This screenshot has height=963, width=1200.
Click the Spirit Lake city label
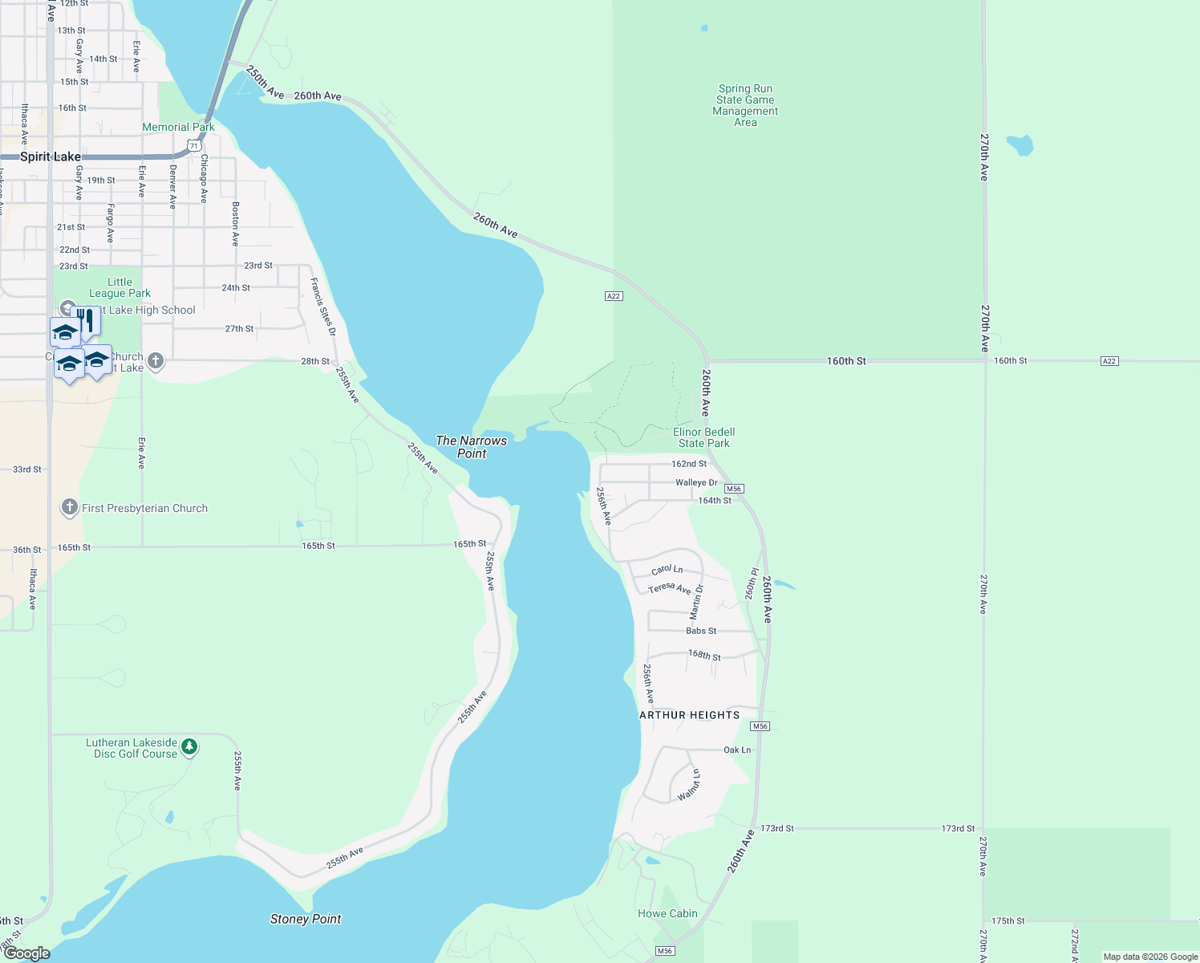point(50,156)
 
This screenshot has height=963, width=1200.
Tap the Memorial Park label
point(178,127)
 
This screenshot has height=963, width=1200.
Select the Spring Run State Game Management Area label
point(745,105)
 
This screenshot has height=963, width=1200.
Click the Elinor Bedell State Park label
point(703,437)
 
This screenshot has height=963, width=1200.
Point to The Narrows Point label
point(471,446)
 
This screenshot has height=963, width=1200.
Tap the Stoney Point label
point(306,919)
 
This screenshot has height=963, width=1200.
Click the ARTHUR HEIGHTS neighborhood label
point(689,715)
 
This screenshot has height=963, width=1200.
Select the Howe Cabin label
point(667,913)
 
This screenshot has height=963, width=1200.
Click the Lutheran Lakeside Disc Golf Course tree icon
point(189,747)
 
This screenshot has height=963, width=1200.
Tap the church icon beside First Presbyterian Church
point(70,507)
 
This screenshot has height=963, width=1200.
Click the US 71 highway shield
point(193,145)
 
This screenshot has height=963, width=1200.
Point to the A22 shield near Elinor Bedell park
point(613,296)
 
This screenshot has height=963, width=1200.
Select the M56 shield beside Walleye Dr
point(733,489)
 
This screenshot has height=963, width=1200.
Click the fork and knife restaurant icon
point(86,320)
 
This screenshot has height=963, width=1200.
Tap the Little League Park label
point(120,287)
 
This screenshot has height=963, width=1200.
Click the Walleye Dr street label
point(696,482)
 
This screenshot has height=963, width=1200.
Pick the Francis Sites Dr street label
point(322,307)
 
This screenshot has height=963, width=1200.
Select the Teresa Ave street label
point(669,588)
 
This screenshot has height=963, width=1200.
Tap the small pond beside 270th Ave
point(1020,145)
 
